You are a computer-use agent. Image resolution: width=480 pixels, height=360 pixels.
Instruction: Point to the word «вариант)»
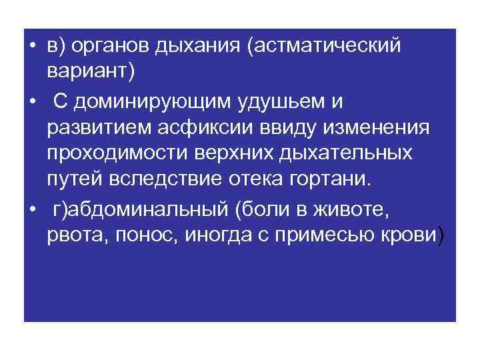point(91,71)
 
